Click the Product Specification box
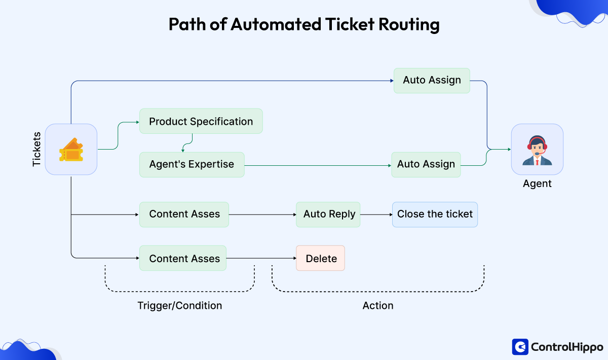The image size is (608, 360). tap(201, 121)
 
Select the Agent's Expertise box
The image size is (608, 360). tap(192, 164)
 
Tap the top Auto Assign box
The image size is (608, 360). tap(432, 80)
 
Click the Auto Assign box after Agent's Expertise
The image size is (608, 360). tap(426, 164)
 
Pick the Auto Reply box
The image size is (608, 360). tap(329, 214)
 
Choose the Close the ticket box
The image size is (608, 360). tap(435, 214)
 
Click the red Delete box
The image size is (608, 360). tap(321, 258)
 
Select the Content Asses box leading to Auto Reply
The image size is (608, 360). tap(184, 214)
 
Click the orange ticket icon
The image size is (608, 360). tap(71, 150)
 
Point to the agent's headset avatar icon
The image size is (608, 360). tap(537, 150)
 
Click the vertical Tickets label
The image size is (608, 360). tap(37, 150)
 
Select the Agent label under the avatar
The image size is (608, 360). tap(537, 184)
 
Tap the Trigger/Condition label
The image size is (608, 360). tap(179, 306)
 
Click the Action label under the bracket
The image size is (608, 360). tap(378, 306)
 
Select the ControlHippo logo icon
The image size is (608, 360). tap(520, 347)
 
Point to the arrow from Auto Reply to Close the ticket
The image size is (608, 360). tap(376, 214)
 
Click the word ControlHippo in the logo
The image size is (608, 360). tap(567, 347)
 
